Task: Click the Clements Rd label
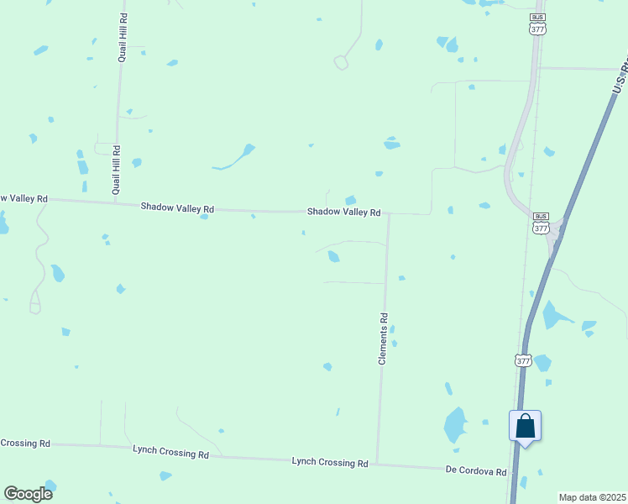[x=383, y=339]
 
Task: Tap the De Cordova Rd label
[x=476, y=472]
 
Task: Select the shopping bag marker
[x=525, y=426]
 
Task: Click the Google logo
[x=28, y=493]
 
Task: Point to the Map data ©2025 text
[x=592, y=497]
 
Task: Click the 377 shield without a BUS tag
[x=523, y=360]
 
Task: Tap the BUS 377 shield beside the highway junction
[x=541, y=223]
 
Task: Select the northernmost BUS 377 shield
[x=537, y=24]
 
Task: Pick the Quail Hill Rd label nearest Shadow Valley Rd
[x=116, y=170]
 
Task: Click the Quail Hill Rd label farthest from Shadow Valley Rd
[x=123, y=38]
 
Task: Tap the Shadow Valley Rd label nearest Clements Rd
[x=343, y=213]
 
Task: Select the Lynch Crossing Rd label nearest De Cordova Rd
[x=330, y=463]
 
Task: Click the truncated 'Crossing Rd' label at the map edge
[x=25, y=443]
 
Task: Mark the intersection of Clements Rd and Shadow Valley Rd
[x=388, y=214]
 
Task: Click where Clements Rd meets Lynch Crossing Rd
[x=377, y=464]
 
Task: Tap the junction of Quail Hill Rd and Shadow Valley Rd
[x=115, y=203]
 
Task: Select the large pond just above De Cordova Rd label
[x=455, y=425]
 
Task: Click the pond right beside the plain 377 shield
[x=543, y=363]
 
